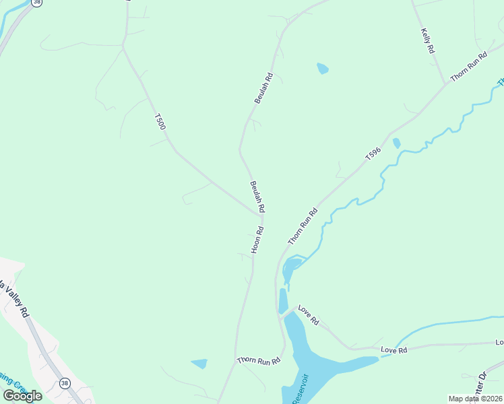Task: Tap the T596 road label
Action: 373,154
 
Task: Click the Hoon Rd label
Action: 257,240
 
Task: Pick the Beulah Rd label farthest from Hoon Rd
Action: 263,88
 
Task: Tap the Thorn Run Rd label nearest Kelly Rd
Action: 468,67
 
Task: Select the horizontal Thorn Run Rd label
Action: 258,361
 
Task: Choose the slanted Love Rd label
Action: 308,316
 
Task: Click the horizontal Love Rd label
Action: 394,350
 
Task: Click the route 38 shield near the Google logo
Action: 65,383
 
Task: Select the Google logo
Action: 22,395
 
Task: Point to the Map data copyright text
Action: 476,399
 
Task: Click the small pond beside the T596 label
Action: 396,143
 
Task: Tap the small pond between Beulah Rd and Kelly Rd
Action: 323,68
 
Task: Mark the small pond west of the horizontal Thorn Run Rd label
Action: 199,364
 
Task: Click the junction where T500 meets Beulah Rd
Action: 260,214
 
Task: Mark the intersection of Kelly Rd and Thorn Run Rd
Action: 446,83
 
